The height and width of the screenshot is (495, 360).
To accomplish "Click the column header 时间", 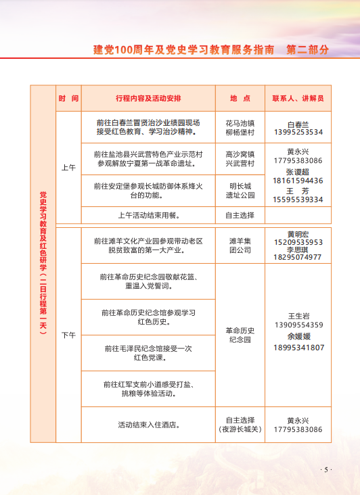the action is (x=68, y=98).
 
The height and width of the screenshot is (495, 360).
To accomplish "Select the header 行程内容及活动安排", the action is (x=148, y=98).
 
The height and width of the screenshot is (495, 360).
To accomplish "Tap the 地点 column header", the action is (x=240, y=98).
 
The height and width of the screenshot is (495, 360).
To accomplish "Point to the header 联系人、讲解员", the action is (x=298, y=98).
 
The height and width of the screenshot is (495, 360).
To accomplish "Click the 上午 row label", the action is (x=68, y=166).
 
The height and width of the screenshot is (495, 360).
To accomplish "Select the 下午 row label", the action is (x=68, y=335).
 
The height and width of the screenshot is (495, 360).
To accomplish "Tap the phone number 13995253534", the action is (x=298, y=133).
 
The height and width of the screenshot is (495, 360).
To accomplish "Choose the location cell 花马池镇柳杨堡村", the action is (x=240, y=128).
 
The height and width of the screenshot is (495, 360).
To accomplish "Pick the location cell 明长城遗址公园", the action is (x=240, y=191).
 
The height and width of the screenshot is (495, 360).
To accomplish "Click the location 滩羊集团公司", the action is (x=240, y=245).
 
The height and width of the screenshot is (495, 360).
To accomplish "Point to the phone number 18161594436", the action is (x=298, y=181).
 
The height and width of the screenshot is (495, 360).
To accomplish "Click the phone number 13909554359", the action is (x=298, y=325).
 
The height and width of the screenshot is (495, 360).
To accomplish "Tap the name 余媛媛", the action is (x=298, y=336).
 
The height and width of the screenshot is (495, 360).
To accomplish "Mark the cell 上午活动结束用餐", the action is (x=148, y=216).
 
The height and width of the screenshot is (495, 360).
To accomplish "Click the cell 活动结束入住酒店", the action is (x=148, y=425).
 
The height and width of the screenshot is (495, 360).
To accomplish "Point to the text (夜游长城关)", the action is (x=240, y=429).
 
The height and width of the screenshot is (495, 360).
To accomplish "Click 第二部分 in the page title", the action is (x=308, y=49).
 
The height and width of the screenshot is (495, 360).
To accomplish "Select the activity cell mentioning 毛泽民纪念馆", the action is (x=148, y=353).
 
